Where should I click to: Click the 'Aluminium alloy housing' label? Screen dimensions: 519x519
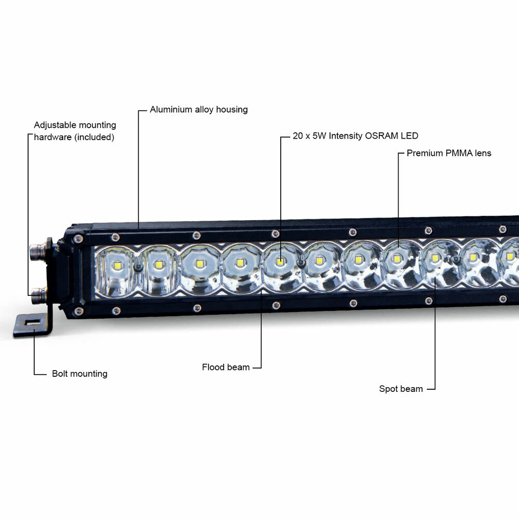198,110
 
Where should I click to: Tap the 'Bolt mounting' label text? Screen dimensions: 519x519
79,374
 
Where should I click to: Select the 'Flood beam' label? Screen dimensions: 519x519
226,367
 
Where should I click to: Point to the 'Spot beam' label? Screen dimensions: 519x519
401,389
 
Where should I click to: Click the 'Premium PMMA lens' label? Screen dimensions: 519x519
448,153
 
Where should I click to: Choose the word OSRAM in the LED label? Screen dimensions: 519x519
381,136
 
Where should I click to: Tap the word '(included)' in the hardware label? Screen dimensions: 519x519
94,138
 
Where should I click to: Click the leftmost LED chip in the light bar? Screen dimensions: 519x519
116,264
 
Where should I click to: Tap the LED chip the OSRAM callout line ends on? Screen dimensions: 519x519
280,261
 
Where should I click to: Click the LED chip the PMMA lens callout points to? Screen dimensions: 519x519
397,258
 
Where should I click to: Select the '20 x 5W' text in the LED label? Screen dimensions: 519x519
309,136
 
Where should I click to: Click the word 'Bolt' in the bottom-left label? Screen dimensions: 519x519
60,374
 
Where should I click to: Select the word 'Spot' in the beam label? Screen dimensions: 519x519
388,389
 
